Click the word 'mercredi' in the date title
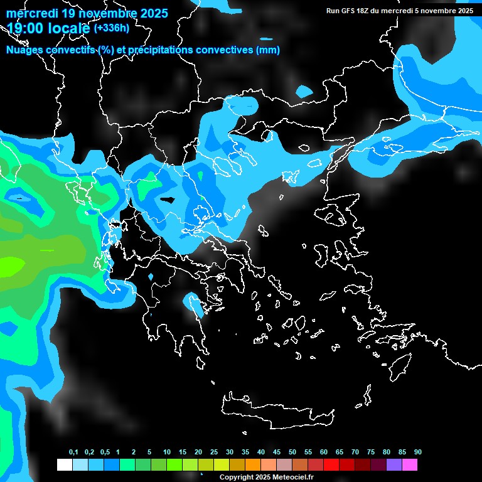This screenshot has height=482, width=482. pos(31,13)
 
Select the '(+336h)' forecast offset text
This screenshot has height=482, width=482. pos(111,28)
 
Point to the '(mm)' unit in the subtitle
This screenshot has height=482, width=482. pos(269,50)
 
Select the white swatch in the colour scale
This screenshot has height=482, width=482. pos(64,465)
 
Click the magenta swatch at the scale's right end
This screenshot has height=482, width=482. pos(410,465)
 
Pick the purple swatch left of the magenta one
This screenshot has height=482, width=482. pos(394,465)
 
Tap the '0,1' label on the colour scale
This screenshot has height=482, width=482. pos(73,453)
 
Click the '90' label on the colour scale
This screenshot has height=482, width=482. pos(418,453)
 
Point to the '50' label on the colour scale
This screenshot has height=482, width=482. pos(292,453)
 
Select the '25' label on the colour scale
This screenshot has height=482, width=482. pos(214,453)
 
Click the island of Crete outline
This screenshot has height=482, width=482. pos(276,408)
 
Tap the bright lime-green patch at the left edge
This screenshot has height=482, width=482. pos(9,266)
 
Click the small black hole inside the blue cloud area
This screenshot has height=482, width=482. pos(168,200)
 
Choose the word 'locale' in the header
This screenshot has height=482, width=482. pos(70,28)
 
